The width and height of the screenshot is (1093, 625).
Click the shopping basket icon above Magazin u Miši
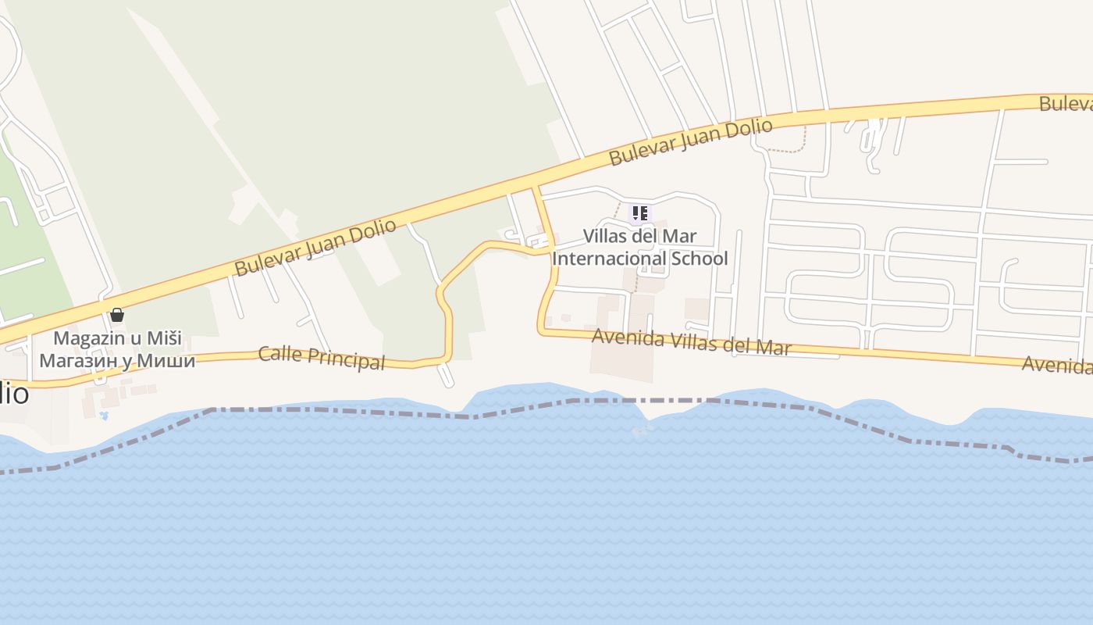(117, 315)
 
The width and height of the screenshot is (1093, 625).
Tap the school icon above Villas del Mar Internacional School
(640, 212)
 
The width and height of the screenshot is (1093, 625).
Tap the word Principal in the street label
(347, 359)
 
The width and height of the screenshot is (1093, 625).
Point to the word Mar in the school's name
(681, 236)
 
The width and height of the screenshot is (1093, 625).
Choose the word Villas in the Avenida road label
(691, 341)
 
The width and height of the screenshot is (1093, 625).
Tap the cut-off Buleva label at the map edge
(1065, 104)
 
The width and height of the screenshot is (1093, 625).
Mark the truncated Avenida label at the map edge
(1057, 364)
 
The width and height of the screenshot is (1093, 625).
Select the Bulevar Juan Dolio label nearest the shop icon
(315, 248)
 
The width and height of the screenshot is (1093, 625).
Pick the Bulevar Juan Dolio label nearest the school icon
(690, 141)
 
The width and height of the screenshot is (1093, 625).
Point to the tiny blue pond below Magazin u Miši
(104, 415)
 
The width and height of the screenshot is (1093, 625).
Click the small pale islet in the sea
(642, 429)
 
